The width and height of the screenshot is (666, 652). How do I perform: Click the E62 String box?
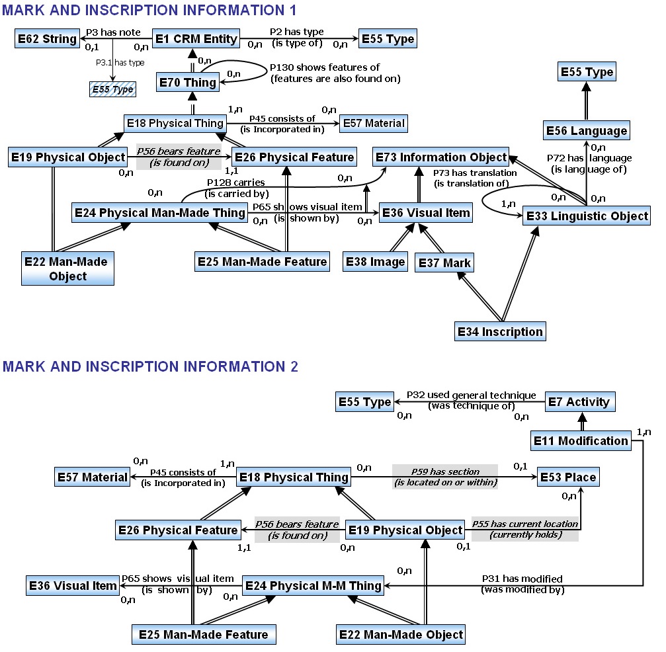46,39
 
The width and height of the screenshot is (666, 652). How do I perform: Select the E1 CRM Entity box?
196,39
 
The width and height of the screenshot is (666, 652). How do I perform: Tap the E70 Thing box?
188,83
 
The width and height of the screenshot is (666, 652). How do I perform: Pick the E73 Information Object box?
441,157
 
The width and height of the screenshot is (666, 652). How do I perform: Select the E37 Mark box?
444,263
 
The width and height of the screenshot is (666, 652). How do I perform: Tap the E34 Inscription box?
501,331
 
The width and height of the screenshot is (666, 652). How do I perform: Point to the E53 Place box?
568,477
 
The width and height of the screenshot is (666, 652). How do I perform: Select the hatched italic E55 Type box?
112,89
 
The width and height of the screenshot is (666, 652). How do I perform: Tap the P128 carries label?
236,183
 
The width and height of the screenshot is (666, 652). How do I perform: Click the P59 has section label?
444,472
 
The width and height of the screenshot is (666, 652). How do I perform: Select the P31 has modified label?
522,579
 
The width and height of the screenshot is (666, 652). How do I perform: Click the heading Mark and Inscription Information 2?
150,366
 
